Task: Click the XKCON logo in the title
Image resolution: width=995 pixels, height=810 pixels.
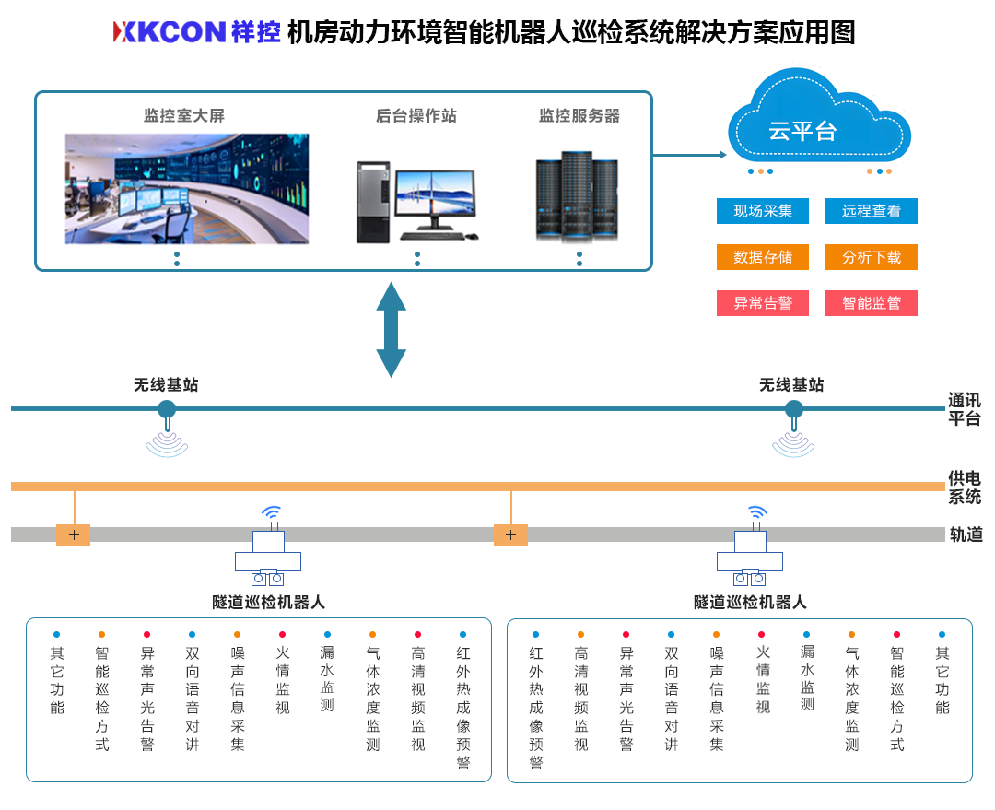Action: [169, 32]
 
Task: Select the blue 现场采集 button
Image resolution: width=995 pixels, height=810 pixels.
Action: [762, 211]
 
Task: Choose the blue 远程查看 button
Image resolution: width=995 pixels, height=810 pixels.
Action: [871, 211]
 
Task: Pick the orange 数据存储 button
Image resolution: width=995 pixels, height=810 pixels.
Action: [762, 257]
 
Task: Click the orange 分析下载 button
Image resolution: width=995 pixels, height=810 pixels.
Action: [871, 257]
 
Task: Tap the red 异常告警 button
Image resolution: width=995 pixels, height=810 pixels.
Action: [762, 303]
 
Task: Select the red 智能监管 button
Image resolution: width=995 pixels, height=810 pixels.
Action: [871, 303]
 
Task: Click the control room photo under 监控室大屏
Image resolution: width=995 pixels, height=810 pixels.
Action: [186, 189]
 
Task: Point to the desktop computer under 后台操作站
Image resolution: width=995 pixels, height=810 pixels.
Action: [416, 201]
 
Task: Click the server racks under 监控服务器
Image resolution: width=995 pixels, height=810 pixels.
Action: [577, 196]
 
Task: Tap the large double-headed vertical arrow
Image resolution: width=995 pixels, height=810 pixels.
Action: [392, 329]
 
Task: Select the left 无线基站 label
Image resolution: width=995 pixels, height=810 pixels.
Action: [166, 385]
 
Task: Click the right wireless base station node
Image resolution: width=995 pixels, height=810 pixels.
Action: [793, 409]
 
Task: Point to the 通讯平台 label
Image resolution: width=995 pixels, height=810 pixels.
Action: [964, 409]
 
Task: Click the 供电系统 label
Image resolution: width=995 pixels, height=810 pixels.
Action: [964, 487]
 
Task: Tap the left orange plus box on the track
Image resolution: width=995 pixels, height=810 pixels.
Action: [74, 535]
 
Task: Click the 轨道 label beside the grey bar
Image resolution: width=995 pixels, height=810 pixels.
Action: [966, 535]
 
